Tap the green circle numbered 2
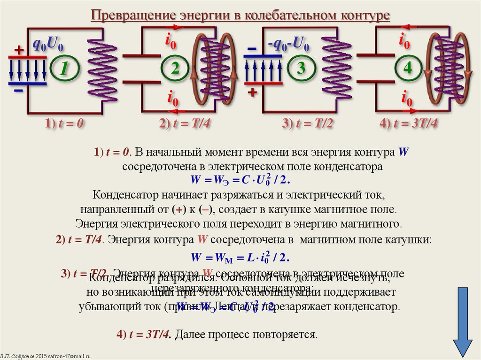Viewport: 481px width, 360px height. [175, 69]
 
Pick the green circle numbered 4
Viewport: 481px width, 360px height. [407, 69]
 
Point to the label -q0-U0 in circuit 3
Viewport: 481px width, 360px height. [288, 46]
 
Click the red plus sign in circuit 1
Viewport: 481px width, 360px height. [19, 49]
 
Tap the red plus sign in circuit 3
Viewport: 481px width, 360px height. [253, 92]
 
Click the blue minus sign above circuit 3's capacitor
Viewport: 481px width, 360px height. [252, 49]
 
